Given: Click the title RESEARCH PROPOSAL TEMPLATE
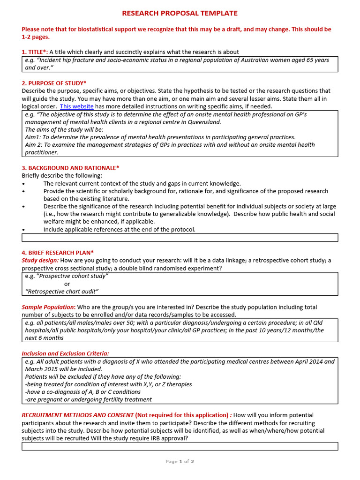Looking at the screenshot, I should pyautogui.click(x=180, y=13).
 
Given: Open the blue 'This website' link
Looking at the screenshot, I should pyautogui.click(x=76, y=106).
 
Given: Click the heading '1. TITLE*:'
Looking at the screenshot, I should pyautogui.click(x=35, y=52).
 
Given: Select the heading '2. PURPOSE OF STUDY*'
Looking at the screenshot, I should pyautogui.click(x=54, y=83).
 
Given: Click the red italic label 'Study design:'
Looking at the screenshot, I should pyautogui.click(x=40, y=260).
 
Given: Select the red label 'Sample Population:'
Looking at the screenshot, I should pyautogui.click(x=48, y=307).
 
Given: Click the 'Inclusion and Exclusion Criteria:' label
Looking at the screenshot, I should pyautogui.click(x=65, y=353).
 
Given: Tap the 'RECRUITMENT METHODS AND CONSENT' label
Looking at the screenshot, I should pyautogui.click(x=77, y=415).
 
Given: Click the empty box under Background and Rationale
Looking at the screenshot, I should pyautogui.click(x=180, y=238).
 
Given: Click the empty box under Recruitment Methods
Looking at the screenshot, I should pyautogui.click(x=180, y=446).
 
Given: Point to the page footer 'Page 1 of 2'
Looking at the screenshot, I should pyautogui.click(x=180, y=462).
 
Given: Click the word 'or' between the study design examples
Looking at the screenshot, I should pyautogui.click(x=67, y=284).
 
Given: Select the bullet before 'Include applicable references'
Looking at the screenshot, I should pyautogui.click(x=23, y=230).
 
